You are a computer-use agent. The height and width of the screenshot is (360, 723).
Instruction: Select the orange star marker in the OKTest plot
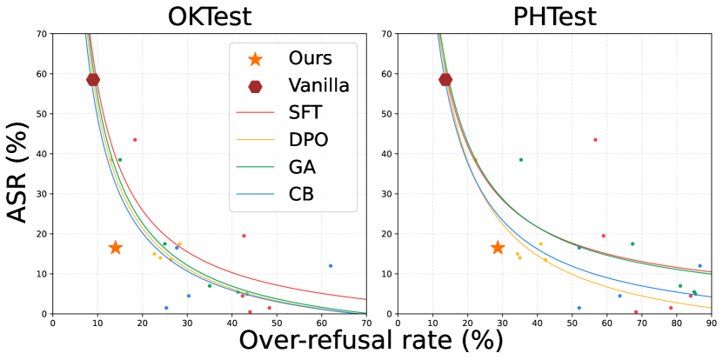click(x=115, y=248)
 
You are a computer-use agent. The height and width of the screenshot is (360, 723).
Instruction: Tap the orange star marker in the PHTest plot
click(x=498, y=248)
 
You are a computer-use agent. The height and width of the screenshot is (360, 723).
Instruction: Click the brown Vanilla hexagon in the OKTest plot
click(x=93, y=80)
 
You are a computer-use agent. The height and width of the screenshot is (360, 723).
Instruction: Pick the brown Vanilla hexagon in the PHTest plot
click(x=445, y=80)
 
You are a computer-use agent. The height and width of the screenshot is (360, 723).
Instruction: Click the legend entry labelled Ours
click(x=310, y=58)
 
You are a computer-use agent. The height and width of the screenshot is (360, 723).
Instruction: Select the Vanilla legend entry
click(x=319, y=85)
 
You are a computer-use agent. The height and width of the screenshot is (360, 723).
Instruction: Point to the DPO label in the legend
click(x=310, y=140)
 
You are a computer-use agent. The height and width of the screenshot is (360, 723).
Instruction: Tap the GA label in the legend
click(x=305, y=167)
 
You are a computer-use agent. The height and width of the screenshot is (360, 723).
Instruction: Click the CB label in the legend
click(x=305, y=194)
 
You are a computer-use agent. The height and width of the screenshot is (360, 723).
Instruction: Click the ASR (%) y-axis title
click(x=18, y=174)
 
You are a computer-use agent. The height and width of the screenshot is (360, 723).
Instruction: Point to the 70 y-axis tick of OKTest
click(x=41, y=34)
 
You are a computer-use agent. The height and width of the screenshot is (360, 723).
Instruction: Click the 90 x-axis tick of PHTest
click(x=711, y=322)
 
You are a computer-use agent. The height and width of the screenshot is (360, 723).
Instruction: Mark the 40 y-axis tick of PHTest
click(x=388, y=154)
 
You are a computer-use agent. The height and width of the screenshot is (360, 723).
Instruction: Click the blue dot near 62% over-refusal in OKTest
click(x=331, y=266)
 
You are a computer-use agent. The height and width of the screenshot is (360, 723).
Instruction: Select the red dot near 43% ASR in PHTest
click(x=595, y=140)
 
